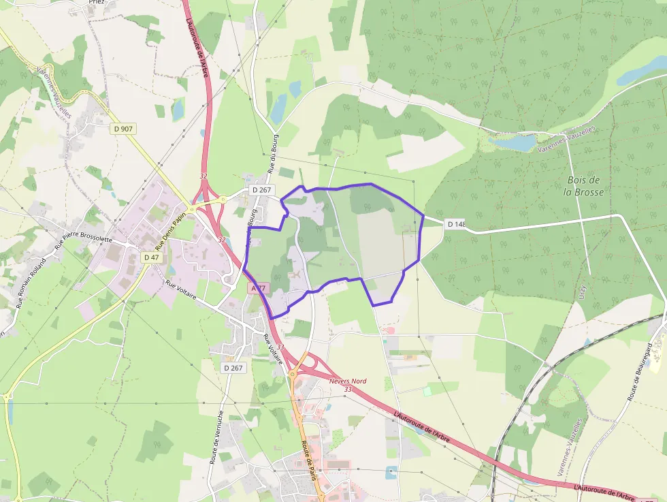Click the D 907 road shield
(123, 128)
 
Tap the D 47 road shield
(151, 257)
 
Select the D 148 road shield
(455, 224)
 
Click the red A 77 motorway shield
(257, 288)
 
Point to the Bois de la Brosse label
(583, 185)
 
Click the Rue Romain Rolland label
(31, 283)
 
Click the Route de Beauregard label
(639, 372)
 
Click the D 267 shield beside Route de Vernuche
(233, 368)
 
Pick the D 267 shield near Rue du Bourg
(261, 190)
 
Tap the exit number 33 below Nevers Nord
(348, 389)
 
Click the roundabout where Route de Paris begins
(293, 373)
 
